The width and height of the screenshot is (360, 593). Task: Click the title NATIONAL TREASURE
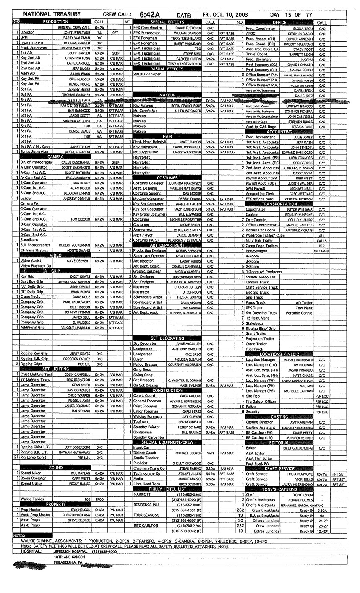click(52, 14)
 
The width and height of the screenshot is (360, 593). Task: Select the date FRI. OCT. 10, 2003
click(225, 15)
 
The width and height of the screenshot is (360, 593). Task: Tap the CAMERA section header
click(55, 157)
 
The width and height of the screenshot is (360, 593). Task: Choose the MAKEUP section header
click(167, 95)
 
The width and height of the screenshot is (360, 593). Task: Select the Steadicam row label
click(29, 240)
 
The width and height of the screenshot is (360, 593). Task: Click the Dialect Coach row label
click(144, 453)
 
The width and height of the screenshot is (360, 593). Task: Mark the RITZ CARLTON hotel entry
click(146, 525)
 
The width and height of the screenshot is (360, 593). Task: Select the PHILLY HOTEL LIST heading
click(167, 489)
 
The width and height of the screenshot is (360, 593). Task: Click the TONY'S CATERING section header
click(279, 489)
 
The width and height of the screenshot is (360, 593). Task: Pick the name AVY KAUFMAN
click(302, 422)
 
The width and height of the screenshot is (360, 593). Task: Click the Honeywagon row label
click(256, 250)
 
